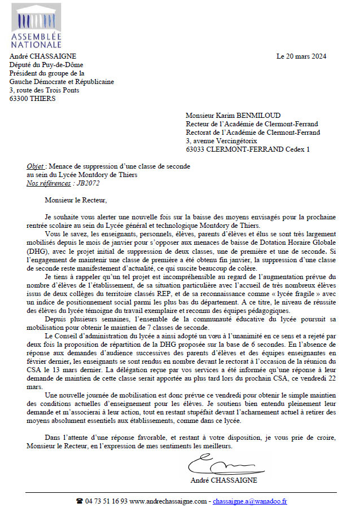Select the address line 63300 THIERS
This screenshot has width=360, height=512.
[33, 99]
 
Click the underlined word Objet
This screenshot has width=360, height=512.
[36, 166]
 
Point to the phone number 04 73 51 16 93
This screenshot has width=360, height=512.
[106, 501]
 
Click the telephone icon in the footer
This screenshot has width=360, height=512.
[80, 501]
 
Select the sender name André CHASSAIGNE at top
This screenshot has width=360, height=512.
[43, 56]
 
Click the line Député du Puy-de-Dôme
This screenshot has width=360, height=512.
[45, 65]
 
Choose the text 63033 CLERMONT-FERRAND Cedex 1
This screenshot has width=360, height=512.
[248, 149]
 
